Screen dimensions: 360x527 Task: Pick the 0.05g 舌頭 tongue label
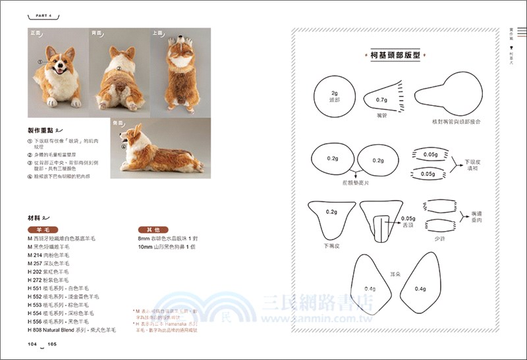click(x=408, y=221)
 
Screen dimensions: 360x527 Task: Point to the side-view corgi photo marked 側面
click(x=160, y=149)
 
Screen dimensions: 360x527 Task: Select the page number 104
click(x=32, y=344)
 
